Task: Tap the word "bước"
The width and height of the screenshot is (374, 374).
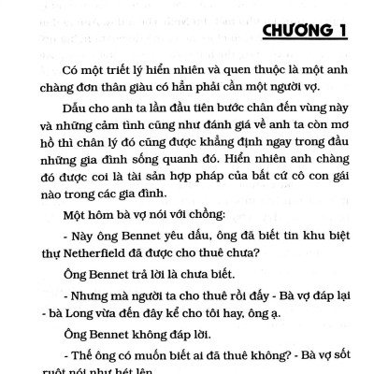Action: coord(206,125)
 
